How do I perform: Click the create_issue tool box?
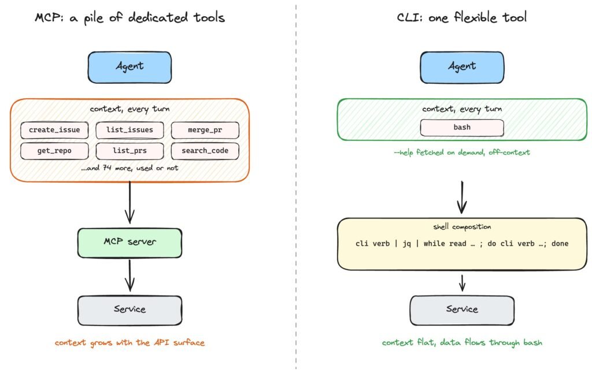54,130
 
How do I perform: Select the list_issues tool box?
130,130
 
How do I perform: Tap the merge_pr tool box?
205,130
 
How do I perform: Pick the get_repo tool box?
54,151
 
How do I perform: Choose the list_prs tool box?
130,151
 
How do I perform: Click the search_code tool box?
205,151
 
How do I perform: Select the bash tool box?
462,128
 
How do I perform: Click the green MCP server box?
130,243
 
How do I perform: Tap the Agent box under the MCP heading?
130,67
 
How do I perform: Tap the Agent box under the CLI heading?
462,67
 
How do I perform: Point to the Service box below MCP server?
130,310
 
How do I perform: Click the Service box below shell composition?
462,310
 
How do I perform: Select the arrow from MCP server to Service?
130,276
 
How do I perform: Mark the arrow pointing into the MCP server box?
130,203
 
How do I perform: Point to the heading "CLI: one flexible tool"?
462,17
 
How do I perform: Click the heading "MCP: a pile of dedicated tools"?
130,18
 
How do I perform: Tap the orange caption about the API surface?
130,343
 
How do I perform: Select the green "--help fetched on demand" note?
462,153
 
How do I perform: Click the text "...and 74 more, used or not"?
129,168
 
